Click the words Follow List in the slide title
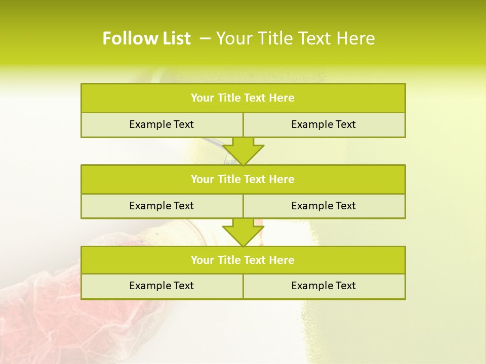pos(147,38)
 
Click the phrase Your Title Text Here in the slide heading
pos(296,38)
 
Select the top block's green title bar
pos(243,98)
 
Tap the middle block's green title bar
pos(243,179)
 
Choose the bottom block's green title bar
pos(243,260)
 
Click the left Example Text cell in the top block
pos(161,124)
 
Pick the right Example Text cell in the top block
pos(323,124)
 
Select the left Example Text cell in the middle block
pos(161,206)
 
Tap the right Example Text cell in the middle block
pos(323,206)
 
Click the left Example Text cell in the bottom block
pos(161,286)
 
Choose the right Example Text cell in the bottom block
pos(323,286)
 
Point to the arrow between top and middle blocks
pos(243,151)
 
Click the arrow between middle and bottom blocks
pos(243,232)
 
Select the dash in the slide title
pos(205,38)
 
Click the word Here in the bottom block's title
pos(282,260)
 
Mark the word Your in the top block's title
pos(202,98)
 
